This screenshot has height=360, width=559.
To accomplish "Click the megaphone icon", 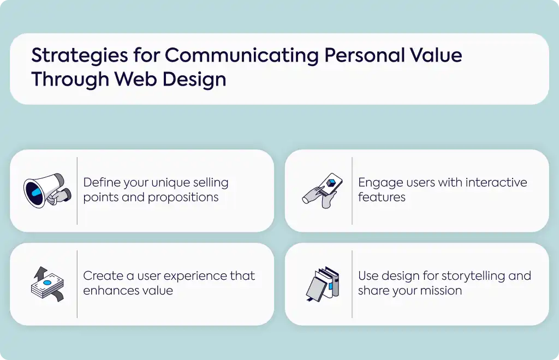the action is tap(47, 190).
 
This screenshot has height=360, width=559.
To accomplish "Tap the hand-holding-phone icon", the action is tap(322, 190).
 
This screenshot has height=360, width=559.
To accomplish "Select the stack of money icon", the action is tap(47, 284).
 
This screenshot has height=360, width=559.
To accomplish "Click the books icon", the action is tap(323, 284).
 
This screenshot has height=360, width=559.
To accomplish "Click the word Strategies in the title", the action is tap(80, 56).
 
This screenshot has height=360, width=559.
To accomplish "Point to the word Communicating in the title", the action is tap(241, 56).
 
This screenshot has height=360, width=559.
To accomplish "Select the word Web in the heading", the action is tap(135, 79).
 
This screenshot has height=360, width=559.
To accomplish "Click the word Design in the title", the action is tap(194, 80).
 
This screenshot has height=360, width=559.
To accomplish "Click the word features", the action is tap(382, 197).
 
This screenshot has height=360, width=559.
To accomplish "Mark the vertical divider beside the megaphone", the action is tap(77, 191).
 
